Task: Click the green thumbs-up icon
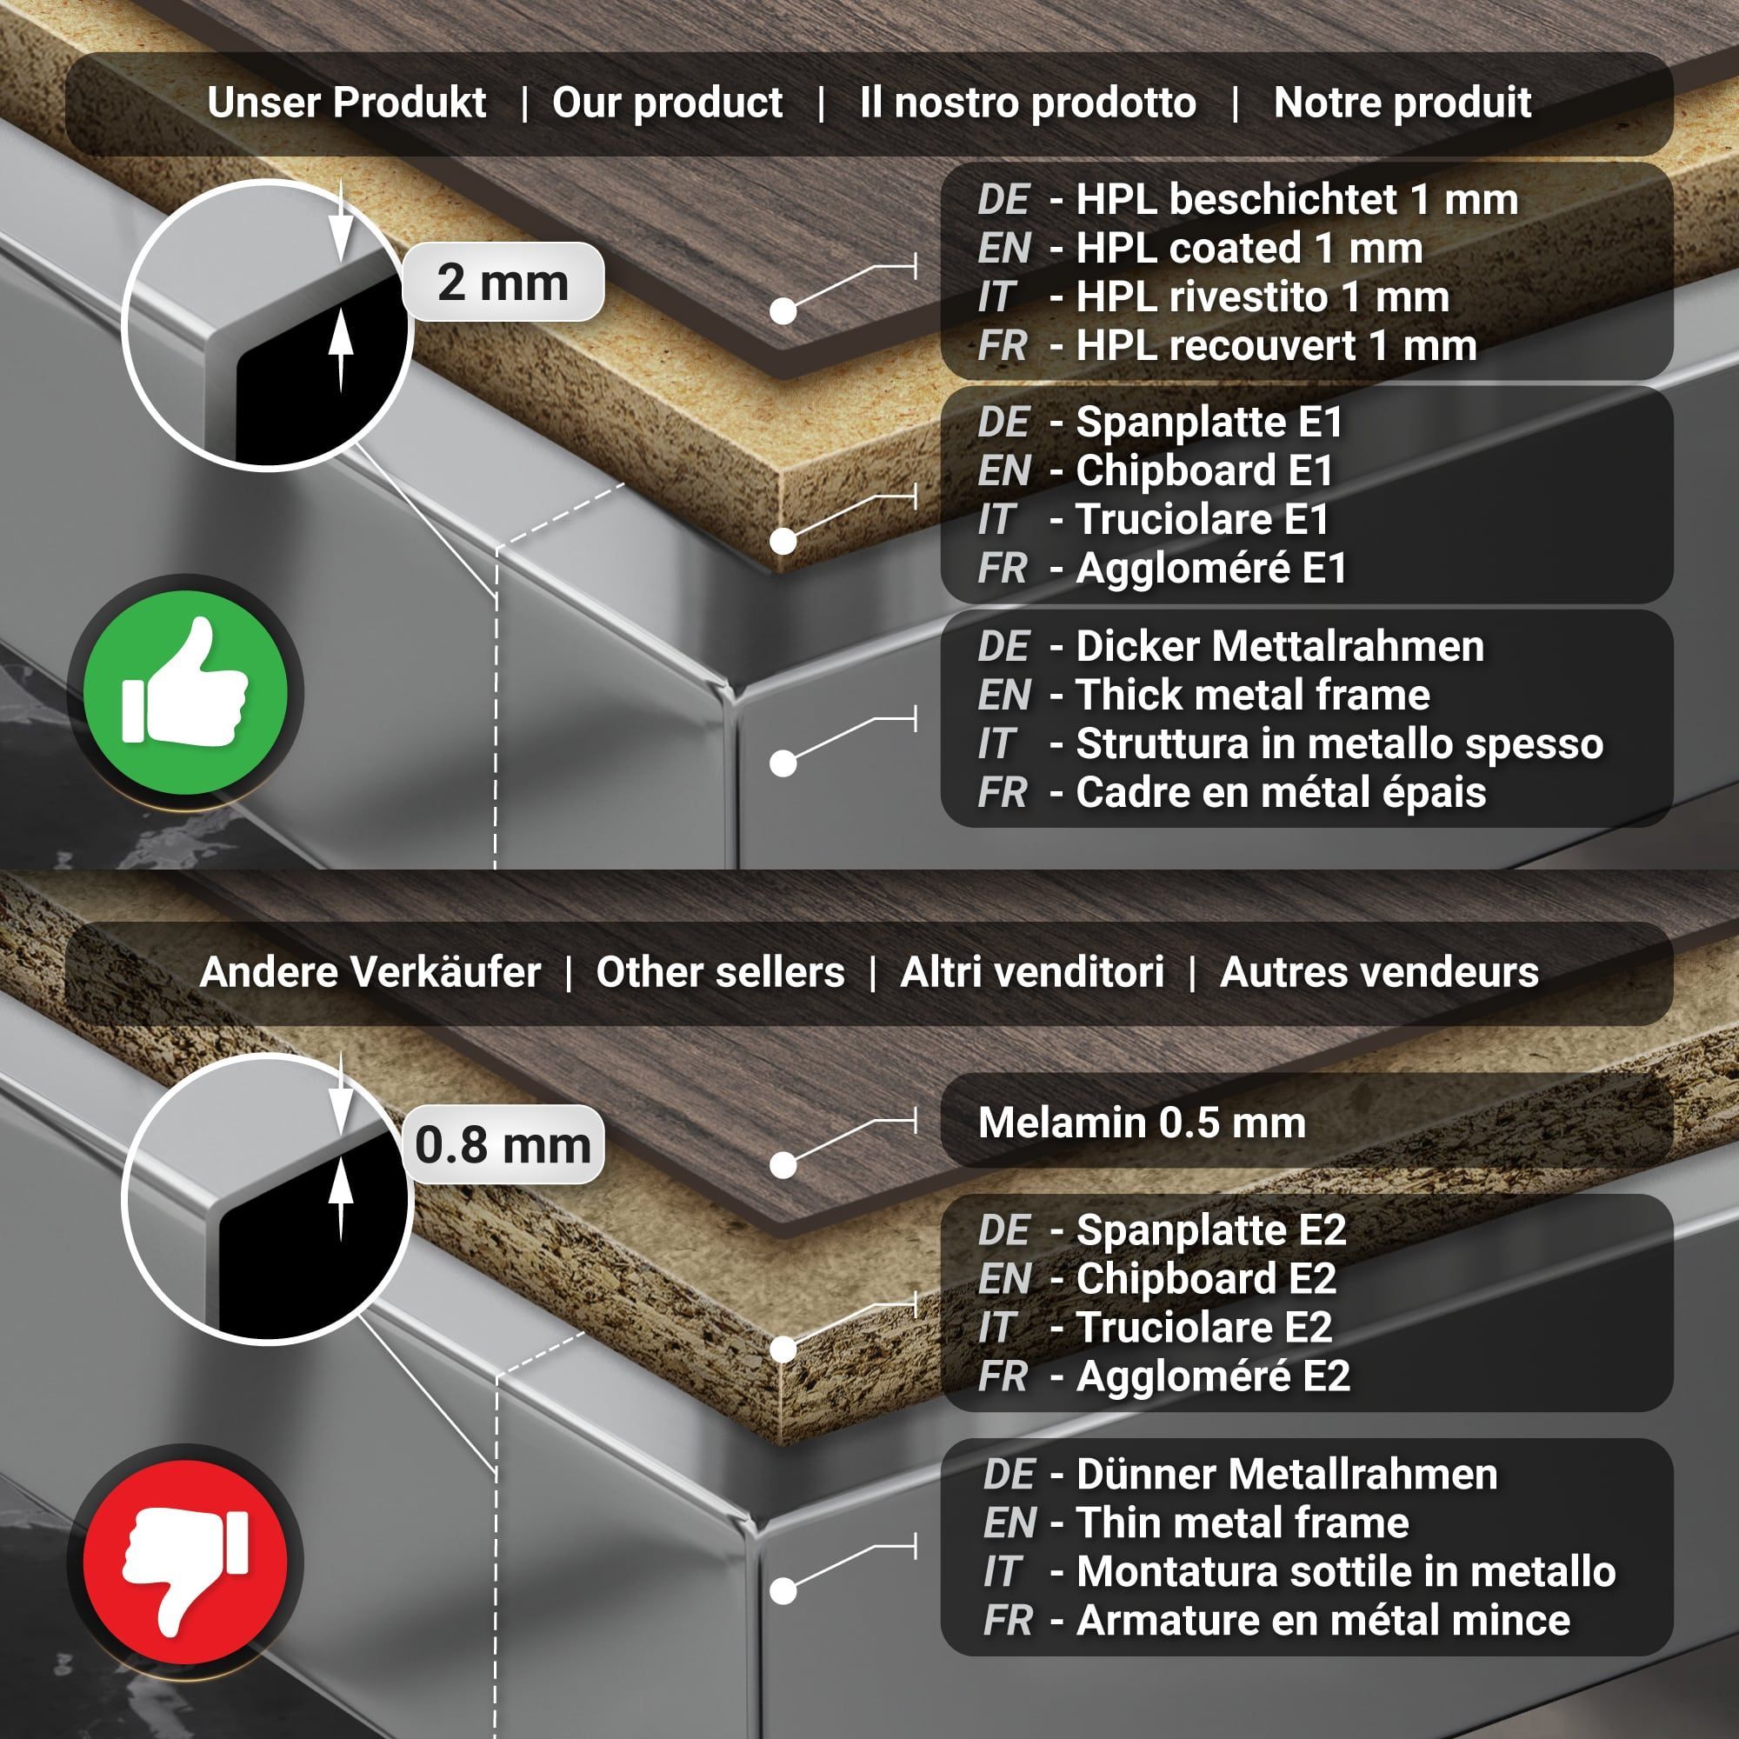pyautogui.click(x=184, y=692)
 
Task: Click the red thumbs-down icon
pyautogui.click(x=184, y=1562)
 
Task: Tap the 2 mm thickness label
pyautogui.click(x=503, y=283)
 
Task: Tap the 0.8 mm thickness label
pyautogui.click(x=503, y=1145)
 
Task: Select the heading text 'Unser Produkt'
pyautogui.click(x=347, y=103)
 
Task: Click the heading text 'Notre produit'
pyautogui.click(x=1403, y=103)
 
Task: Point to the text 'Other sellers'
pyautogui.click(x=720, y=972)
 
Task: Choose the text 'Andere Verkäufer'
pyautogui.click(x=370, y=972)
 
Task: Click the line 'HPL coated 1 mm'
pyautogui.click(x=1249, y=249)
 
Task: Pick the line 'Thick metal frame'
pyautogui.click(x=1253, y=695)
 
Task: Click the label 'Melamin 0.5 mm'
pyautogui.click(x=1142, y=1123)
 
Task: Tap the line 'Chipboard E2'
pyautogui.click(x=1206, y=1279)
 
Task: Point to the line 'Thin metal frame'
pyautogui.click(x=1243, y=1523)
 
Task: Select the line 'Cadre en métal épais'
pyautogui.click(x=1281, y=793)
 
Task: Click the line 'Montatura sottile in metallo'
pyautogui.click(x=1346, y=1571)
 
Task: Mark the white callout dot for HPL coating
pyautogui.click(x=783, y=311)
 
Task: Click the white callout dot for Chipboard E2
pyautogui.click(x=783, y=1349)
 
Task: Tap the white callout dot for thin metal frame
pyautogui.click(x=783, y=1591)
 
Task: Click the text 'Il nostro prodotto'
pyautogui.click(x=1028, y=103)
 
